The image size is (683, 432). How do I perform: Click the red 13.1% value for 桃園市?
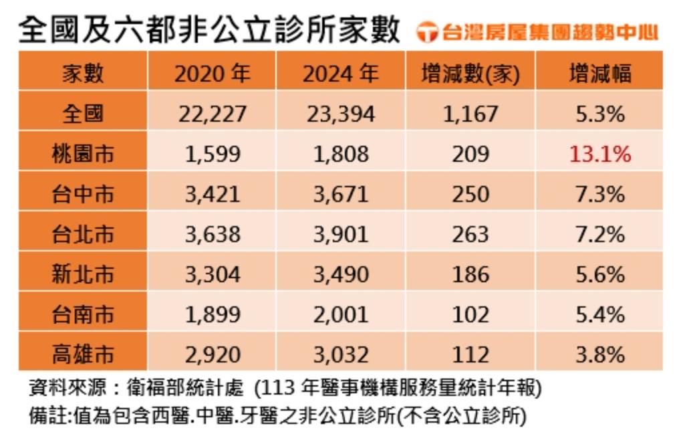[x=599, y=154]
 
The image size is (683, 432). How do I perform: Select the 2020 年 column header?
[x=212, y=73]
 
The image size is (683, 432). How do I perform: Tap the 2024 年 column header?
[x=340, y=73]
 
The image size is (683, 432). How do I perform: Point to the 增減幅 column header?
[x=599, y=73]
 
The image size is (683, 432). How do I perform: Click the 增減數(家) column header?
[x=470, y=73]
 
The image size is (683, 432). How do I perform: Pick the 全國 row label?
[x=83, y=113]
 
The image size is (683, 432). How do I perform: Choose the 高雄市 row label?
[x=83, y=353]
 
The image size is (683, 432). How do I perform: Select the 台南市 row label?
[x=83, y=314]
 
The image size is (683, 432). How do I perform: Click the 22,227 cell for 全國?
[x=212, y=114]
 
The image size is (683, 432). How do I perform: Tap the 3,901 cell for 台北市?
[x=340, y=234]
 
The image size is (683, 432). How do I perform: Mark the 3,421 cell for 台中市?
[x=212, y=194]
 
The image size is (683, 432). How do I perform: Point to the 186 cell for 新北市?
[x=470, y=274]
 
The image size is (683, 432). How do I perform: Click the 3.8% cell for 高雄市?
[x=599, y=353]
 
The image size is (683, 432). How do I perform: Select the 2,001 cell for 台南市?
[x=340, y=314]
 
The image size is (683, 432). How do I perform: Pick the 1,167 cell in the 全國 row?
[x=470, y=114]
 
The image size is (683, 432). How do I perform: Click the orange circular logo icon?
[x=426, y=31]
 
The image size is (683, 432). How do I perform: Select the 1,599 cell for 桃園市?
[x=212, y=154]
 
